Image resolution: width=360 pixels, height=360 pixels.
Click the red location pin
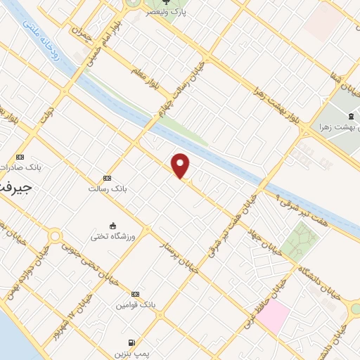pos(181,165)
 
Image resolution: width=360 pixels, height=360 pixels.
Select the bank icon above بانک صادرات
pos(20,156)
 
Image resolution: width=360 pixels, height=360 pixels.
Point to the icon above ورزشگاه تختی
pos(112,224)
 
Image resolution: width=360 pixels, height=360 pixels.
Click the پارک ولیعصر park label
pos(166,12)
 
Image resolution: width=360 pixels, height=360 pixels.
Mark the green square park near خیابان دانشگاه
pos(302,241)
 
